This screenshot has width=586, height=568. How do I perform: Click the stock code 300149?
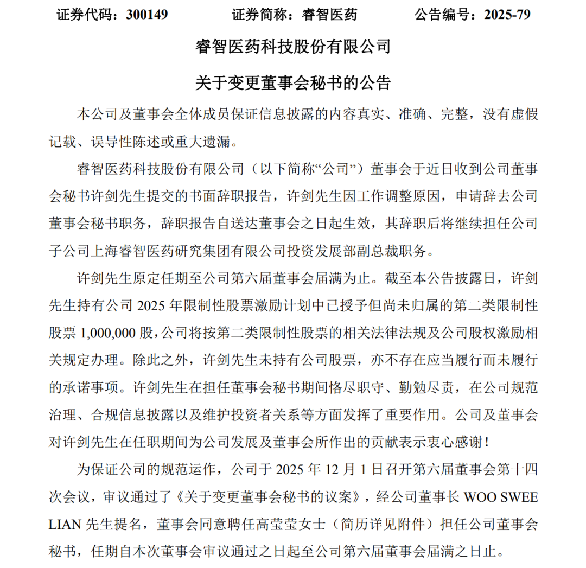[x=146, y=15]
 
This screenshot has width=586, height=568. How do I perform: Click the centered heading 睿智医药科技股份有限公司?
[x=292, y=47]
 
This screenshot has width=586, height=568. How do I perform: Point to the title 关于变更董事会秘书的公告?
[x=292, y=83]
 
